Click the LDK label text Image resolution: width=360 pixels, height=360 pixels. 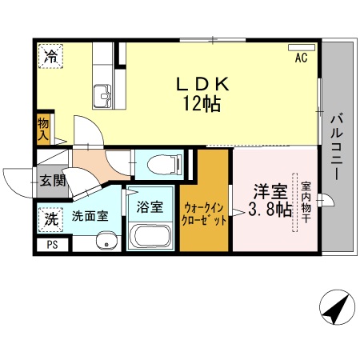(x=203, y=83)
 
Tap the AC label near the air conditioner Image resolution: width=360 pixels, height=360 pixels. (x=302, y=58)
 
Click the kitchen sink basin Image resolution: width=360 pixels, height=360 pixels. (x=103, y=97)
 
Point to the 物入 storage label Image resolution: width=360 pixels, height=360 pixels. (x=44, y=129)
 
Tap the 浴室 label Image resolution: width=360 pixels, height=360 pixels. (x=150, y=206)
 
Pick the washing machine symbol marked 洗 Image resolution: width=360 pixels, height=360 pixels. (x=50, y=217)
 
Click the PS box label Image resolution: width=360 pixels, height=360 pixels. (x=52, y=246)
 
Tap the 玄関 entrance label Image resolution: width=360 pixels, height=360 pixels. (x=50, y=179)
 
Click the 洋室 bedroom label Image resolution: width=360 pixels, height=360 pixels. (x=270, y=191)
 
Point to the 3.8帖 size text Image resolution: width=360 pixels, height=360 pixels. (x=270, y=210)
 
